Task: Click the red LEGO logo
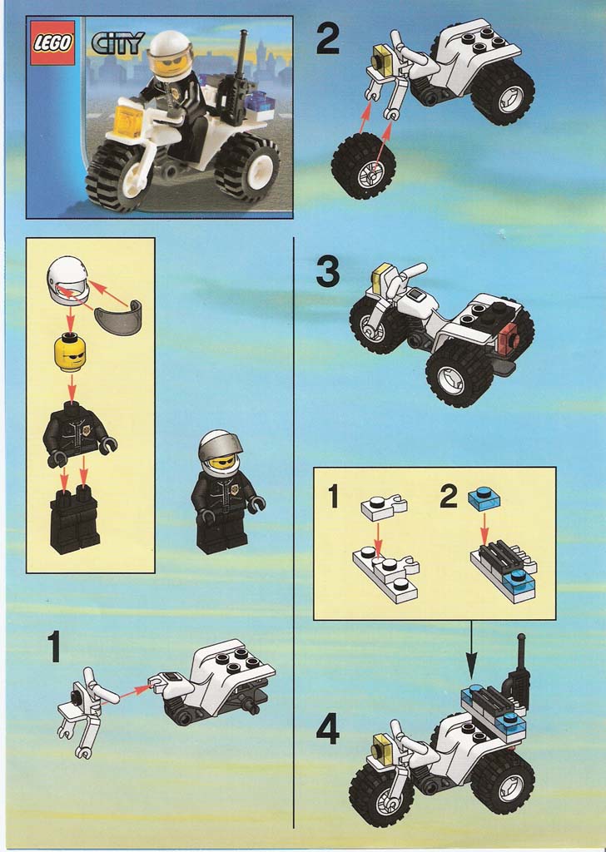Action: pyautogui.click(x=52, y=43)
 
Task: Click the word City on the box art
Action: pyautogui.click(x=117, y=43)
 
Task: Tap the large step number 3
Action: pyautogui.click(x=328, y=272)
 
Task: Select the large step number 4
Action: pyautogui.click(x=328, y=729)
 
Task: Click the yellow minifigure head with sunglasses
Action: pyautogui.click(x=71, y=352)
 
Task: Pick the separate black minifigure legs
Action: pyautogui.click(x=74, y=520)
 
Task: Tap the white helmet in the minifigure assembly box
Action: pyautogui.click(x=68, y=280)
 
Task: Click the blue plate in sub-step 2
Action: pyautogui.click(x=484, y=499)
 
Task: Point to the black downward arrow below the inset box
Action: pyautogui.click(x=471, y=649)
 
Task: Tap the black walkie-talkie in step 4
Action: pyautogui.click(x=518, y=673)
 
